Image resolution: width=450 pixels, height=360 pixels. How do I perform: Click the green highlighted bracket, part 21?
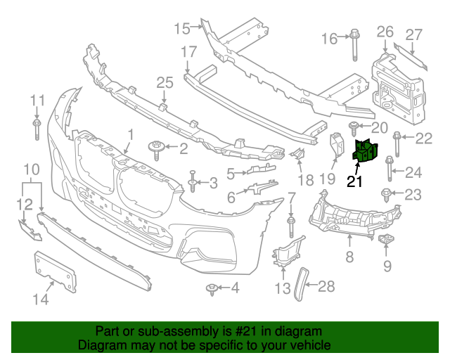coord(365,153)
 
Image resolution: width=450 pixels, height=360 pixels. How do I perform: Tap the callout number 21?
coord(356,181)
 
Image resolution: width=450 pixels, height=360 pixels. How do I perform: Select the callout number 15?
coord(182,28)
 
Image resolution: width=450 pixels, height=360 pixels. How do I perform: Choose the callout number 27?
coord(413,34)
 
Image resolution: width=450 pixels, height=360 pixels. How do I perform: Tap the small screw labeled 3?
coord(191,183)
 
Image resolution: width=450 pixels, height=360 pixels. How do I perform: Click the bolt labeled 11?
coord(36,130)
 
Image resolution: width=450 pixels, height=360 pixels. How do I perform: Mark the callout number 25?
coord(164,83)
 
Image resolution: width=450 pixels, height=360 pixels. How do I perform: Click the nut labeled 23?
coord(386,194)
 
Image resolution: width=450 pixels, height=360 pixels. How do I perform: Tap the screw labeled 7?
coord(290,226)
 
